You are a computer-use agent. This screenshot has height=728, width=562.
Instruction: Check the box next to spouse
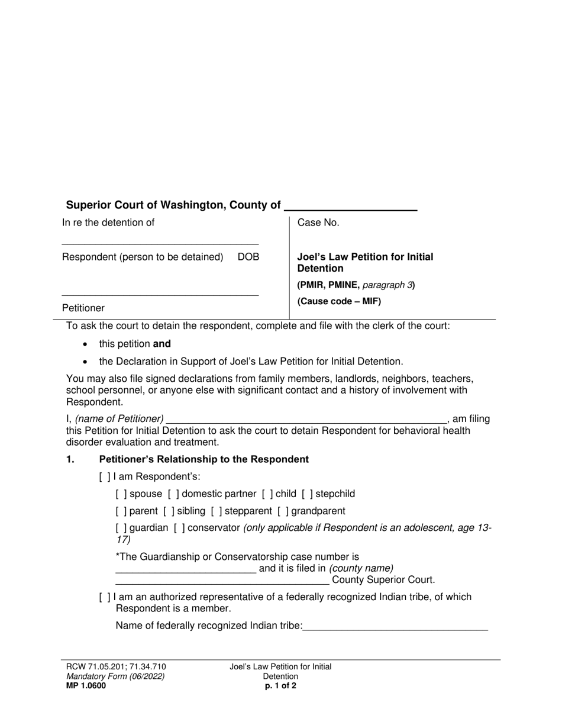(x=121, y=494)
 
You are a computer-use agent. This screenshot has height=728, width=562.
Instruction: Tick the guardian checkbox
(x=121, y=528)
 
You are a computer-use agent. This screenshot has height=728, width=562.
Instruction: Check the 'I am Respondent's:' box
(x=105, y=477)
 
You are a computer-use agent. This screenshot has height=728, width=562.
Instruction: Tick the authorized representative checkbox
(x=105, y=597)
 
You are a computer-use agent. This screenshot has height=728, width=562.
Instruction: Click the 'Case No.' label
(x=318, y=223)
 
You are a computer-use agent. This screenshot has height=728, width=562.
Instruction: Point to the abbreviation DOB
(x=248, y=257)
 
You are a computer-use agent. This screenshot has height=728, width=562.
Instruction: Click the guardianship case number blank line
(x=186, y=569)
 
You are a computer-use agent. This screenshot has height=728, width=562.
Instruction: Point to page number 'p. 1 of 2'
(x=280, y=687)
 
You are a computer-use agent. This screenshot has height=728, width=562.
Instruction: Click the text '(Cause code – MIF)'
(x=339, y=301)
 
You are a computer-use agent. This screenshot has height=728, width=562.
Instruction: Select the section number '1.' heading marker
(x=70, y=460)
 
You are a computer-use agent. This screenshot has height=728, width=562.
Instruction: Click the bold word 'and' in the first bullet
(x=162, y=344)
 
